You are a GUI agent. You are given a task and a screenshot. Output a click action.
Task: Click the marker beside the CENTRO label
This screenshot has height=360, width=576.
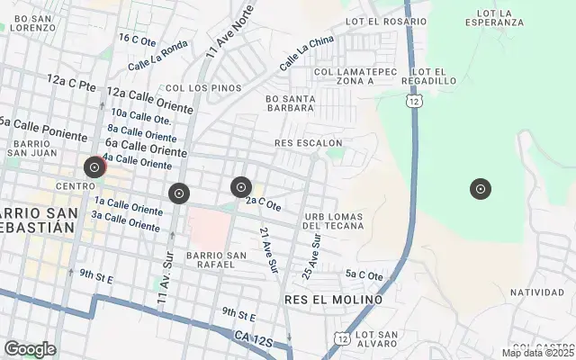[x=94, y=167]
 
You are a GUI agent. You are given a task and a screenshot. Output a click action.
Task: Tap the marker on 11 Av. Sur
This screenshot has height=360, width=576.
[x=179, y=193]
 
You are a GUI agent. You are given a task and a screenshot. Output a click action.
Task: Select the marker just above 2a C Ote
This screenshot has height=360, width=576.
[x=240, y=187]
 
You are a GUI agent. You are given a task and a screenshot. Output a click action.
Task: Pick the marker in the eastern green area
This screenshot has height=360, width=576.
[x=481, y=188]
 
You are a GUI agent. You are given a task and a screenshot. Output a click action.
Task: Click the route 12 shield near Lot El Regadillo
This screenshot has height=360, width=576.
[x=413, y=103]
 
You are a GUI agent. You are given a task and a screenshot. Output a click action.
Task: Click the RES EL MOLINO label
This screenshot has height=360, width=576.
[x=332, y=299]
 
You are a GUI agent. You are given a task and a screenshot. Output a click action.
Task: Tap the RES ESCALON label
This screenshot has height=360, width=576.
[x=309, y=142]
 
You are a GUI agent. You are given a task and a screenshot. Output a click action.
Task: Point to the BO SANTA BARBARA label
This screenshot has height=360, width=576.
[x=290, y=104]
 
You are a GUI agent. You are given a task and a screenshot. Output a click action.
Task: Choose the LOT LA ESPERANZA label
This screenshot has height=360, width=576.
[x=495, y=18]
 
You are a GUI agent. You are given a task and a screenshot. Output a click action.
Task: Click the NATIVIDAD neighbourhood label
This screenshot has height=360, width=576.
[x=537, y=292]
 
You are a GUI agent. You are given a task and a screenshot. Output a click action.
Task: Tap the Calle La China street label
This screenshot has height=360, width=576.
[x=306, y=54]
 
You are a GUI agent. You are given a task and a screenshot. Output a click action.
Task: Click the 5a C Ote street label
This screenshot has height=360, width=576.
[x=364, y=275]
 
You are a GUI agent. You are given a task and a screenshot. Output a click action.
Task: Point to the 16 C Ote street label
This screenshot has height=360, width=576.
[x=138, y=39]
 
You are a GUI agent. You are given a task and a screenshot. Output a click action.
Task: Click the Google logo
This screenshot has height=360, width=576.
[x=30, y=349]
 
